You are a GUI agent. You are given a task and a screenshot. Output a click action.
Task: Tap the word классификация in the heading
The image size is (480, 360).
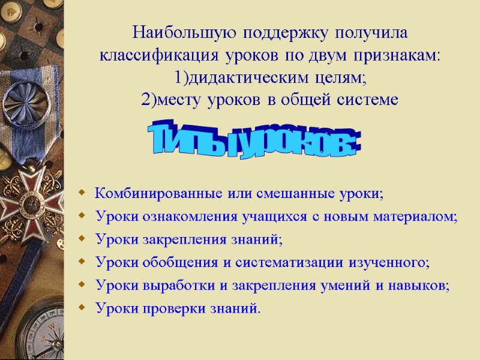160,56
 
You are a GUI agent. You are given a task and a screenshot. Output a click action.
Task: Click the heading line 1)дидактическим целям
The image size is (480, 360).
270,78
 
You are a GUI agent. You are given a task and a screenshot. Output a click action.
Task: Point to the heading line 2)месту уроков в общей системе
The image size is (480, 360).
270,100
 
